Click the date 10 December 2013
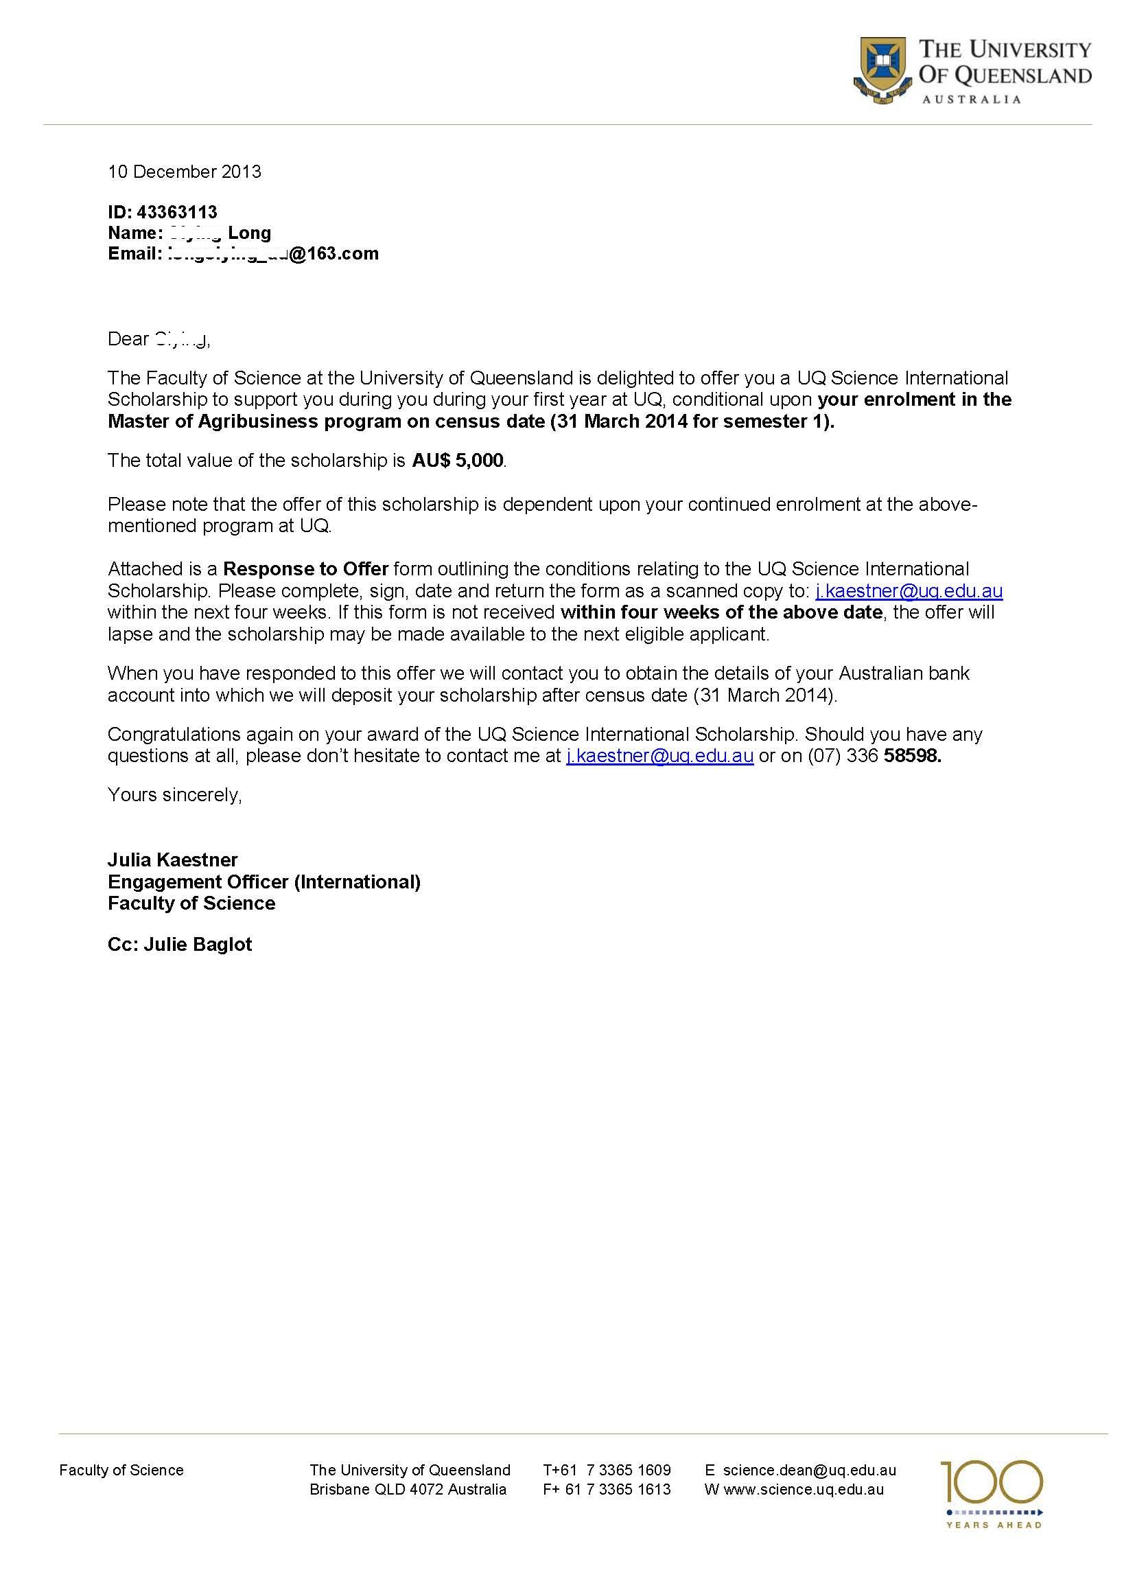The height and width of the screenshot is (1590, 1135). (x=185, y=172)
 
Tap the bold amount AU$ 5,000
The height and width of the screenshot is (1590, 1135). (x=458, y=461)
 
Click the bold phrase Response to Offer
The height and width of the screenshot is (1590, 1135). (x=305, y=568)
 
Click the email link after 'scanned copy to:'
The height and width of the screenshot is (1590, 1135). (x=909, y=591)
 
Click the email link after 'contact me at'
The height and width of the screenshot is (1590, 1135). (x=659, y=756)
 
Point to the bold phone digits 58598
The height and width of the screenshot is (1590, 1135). (x=913, y=756)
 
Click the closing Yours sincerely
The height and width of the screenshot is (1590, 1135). (x=175, y=795)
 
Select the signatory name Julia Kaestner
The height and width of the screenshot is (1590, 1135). (x=173, y=860)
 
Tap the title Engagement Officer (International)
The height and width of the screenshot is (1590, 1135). (x=264, y=882)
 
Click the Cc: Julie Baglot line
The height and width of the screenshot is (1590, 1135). (x=180, y=945)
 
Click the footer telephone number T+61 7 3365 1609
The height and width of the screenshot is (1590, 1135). (x=607, y=1470)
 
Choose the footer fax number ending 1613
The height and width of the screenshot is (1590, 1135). (x=607, y=1489)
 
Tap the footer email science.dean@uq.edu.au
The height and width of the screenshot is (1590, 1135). (x=809, y=1470)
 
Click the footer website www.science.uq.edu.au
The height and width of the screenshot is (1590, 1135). (x=804, y=1489)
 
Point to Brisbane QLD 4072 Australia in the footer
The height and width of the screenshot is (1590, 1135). (x=408, y=1489)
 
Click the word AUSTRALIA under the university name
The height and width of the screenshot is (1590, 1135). (x=972, y=100)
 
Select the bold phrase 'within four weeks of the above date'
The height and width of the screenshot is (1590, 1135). (x=721, y=612)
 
